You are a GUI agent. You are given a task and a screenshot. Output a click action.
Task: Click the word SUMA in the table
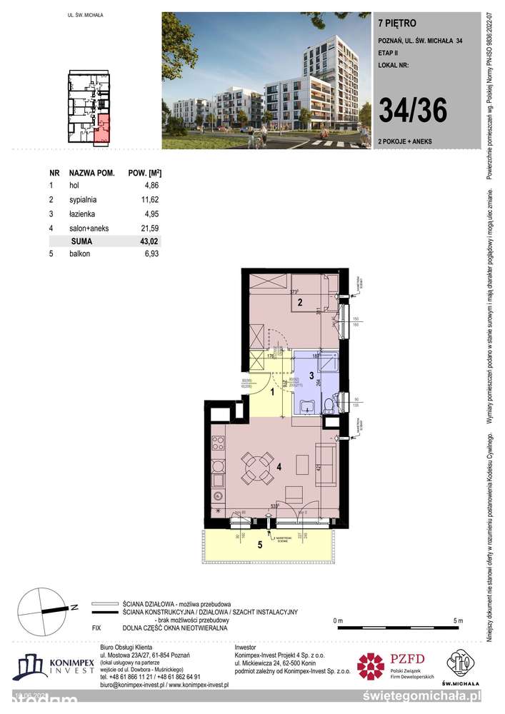(x=83, y=241)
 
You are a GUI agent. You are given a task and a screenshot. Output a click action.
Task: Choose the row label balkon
(x=80, y=254)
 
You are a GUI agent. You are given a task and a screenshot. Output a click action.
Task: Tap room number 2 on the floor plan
(x=300, y=303)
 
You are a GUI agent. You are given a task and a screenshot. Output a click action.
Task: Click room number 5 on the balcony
(x=260, y=545)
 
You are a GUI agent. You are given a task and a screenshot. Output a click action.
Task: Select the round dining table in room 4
(x=255, y=468)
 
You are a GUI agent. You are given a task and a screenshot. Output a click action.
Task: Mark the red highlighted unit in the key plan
(x=104, y=126)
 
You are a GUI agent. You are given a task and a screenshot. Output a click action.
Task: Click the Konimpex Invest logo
(x=54, y=668)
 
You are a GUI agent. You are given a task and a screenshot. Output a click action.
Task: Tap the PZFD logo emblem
(x=371, y=668)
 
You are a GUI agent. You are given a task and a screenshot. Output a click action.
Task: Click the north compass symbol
(x=42, y=608)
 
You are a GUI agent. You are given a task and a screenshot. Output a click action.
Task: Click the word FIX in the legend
(x=96, y=627)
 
